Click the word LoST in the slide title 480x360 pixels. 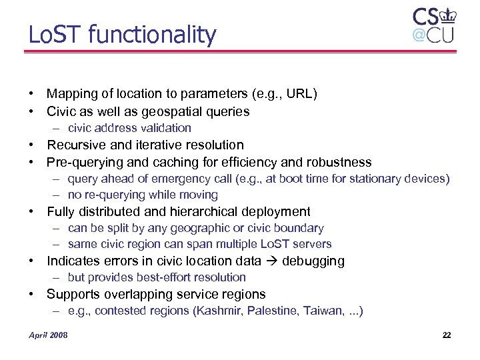[49, 35]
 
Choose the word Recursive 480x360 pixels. [75, 145]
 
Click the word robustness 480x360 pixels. [339, 162]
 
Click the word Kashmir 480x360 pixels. [217, 311]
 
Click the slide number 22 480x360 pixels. [447, 335]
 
